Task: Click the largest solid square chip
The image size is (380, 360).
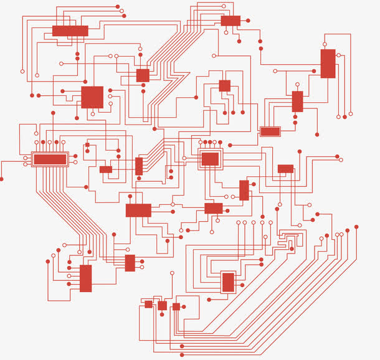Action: click(92, 97)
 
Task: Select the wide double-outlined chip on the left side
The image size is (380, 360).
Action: click(50, 159)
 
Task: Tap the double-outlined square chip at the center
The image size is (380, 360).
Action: click(210, 159)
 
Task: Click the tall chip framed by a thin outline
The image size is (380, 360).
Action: click(229, 282)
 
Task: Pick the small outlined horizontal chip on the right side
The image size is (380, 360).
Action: click(270, 131)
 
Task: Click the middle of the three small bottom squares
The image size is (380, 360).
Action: click(163, 305)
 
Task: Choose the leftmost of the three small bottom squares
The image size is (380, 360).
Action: click(148, 304)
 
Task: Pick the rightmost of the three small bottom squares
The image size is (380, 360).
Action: click(176, 306)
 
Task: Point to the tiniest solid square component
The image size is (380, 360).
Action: click(87, 145)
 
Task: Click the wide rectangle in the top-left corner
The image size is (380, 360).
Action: click(70, 31)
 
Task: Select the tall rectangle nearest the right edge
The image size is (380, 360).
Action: click(328, 64)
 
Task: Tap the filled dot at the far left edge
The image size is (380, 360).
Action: click(1, 179)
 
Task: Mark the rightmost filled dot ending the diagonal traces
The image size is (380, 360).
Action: click(356, 227)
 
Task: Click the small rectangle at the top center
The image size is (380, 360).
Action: click(230, 21)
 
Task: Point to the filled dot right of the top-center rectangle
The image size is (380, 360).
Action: click(248, 21)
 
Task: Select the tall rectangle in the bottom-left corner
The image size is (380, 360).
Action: click(86, 278)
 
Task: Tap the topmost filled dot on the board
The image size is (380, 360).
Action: click(118, 6)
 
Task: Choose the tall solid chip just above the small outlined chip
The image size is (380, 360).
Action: click(298, 102)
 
